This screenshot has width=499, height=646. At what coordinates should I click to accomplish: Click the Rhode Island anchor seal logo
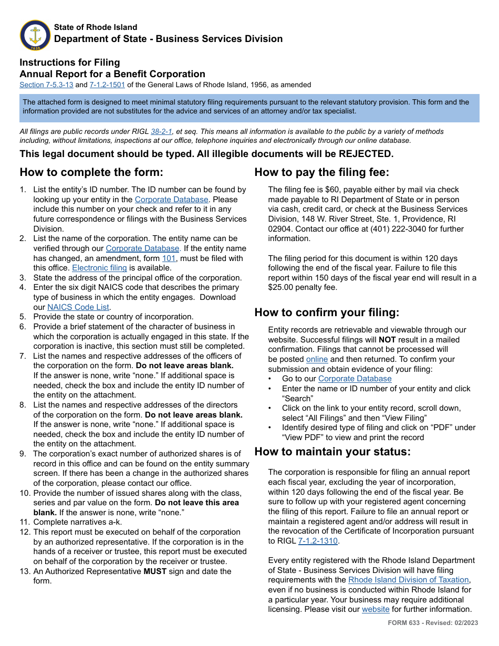(x=35, y=36)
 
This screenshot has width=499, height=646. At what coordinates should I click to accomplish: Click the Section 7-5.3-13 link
(x=46, y=85)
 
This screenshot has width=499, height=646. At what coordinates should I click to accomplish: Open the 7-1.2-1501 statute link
(x=107, y=85)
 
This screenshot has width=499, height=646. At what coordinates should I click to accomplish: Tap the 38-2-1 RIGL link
(x=161, y=132)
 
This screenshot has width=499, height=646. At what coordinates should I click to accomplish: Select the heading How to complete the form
(x=91, y=173)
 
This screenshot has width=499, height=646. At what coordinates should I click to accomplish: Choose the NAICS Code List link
(x=78, y=307)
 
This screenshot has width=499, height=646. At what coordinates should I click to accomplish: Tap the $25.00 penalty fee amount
(x=284, y=287)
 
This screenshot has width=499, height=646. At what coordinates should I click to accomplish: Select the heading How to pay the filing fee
(x=321, y=173)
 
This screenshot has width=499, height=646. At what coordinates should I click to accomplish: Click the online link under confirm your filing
(x=317, y=359)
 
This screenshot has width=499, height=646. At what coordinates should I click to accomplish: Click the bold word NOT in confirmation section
(x=387, y=340)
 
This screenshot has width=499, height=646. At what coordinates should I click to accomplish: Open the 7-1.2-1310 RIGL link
(x=318, y=541)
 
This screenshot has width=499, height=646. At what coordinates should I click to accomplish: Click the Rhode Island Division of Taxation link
(x=408, y=580)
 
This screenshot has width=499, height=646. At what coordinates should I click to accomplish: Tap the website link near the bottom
(x=376, y=609)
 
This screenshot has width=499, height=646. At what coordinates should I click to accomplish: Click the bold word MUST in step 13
(x=155, y=571)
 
